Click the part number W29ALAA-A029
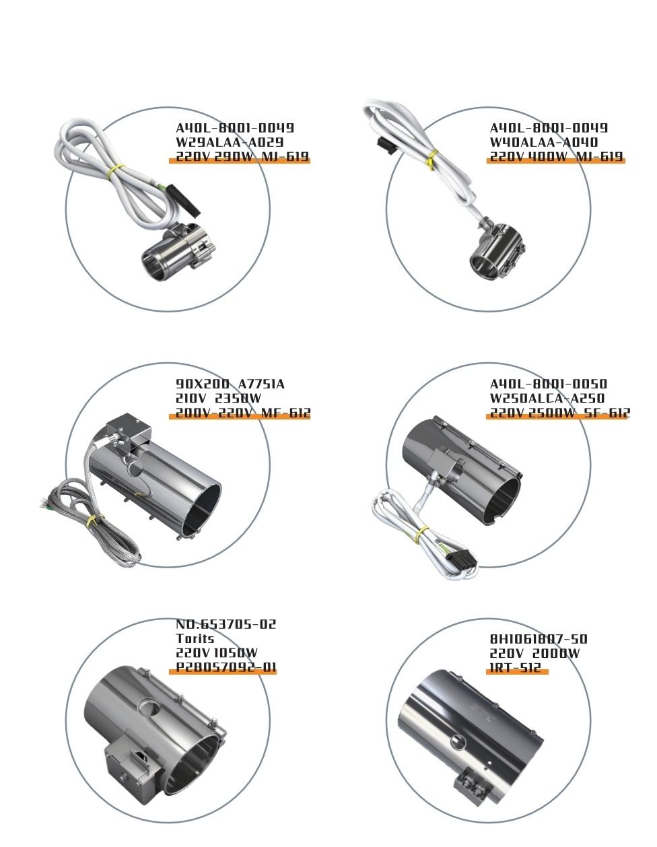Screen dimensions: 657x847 click(x=230, y=142)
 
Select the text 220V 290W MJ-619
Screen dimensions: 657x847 click(x=242, y=157)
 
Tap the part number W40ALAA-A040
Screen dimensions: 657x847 click(x=544, y=142)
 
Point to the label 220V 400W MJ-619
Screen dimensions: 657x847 click(x=556, y=157)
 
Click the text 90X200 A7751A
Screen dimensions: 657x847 click(x=230, y=384)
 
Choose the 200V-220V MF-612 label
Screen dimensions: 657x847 click(x=243, y=413)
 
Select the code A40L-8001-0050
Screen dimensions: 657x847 click(x=548, y=384)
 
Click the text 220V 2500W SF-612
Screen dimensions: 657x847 click(x=559, y=413)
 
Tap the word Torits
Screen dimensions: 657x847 click(x=195, y=638)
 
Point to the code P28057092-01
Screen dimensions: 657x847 click(x=226, y=667)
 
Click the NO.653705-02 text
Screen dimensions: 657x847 click(x=226, y=624)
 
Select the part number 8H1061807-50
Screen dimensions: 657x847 click(x=538, y=638)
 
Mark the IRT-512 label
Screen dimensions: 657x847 click(x=515, y=667)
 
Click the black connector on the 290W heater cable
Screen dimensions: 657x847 click(x=184, y=201)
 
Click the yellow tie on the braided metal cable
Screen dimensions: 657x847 click(x=94, y=520)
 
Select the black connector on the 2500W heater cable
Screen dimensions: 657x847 click(x=462, y=559)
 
